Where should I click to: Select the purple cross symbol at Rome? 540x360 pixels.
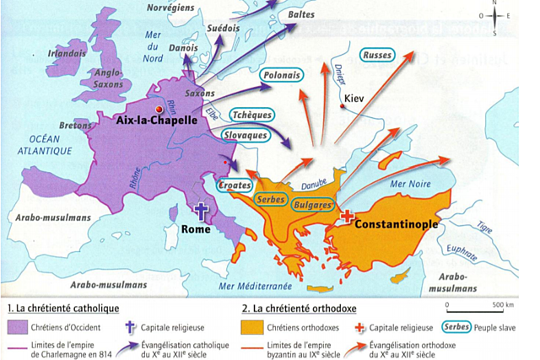tap(202, 212)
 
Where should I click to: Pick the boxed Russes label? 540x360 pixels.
tap(376, 55)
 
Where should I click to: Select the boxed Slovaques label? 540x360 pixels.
tap(245, 134)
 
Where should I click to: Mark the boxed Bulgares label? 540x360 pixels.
tap(313, 203)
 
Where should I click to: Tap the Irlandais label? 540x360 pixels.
tap(68, 53)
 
